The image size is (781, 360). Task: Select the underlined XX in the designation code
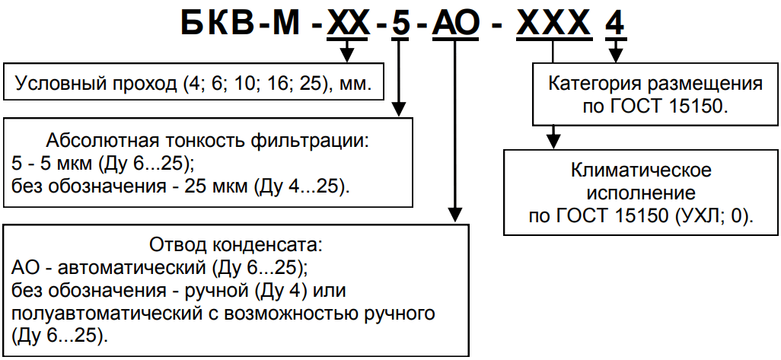coord(349,25)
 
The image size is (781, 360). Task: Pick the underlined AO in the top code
coord(456,25)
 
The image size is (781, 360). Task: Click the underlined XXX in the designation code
coord(553,25)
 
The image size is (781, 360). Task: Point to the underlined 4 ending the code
coord(615,25)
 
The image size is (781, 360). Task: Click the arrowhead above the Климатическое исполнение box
coord(553,140)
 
